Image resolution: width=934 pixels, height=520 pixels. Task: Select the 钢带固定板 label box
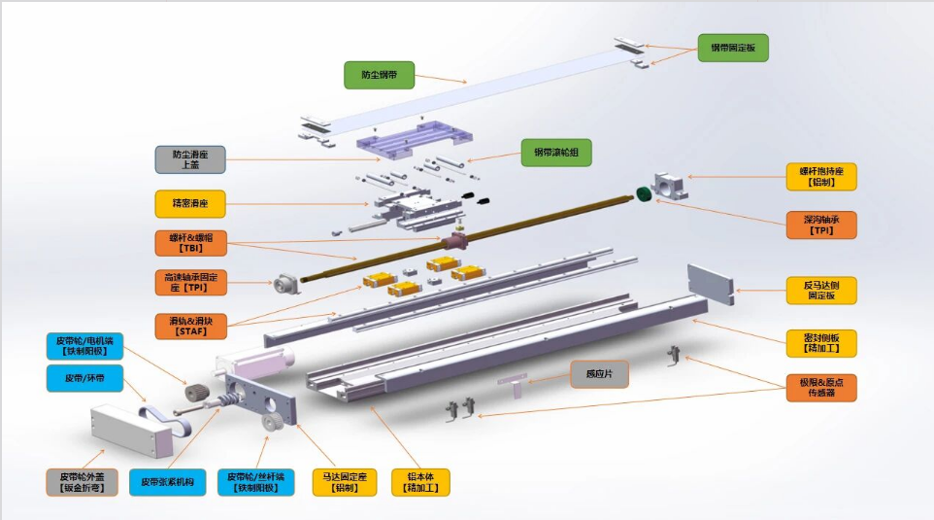pos(733,48)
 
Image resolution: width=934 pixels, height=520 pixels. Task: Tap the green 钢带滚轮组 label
pos(556,152)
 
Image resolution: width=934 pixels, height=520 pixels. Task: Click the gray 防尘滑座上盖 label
pos(190,159)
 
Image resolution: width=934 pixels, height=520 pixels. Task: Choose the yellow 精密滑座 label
pos(190,204)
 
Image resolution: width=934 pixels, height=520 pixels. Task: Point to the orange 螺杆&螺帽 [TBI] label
pos(190,243)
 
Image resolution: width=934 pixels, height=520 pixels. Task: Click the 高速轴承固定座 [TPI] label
pos(190,283)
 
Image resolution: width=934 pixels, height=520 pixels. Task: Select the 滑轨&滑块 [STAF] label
pos(190,326)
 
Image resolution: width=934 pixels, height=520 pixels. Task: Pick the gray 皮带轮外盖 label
pos(82,482)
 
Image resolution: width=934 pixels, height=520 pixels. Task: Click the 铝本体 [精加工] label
pos(421,482)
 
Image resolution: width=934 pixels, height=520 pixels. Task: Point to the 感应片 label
pos(599,373)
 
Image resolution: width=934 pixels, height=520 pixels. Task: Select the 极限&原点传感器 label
pos(821,387)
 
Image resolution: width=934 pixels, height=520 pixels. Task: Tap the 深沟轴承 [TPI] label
pos(821,225)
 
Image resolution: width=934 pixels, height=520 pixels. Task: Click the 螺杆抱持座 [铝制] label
pos(821,176)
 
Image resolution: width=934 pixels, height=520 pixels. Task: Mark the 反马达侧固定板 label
pos(821,290)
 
